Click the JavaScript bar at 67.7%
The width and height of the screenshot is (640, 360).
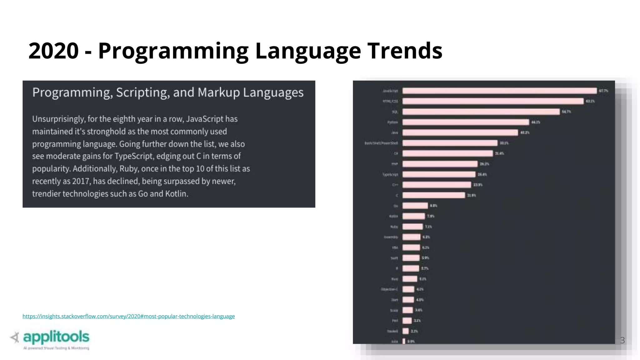coord(499,91)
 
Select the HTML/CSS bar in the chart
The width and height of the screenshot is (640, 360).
coord(493,101)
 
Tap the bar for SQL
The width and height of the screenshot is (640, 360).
coord(481,112)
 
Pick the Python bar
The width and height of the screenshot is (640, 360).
coord(466,122)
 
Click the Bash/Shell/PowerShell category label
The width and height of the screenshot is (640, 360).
coord(381,143)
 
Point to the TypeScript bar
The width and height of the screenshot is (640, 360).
coord(439,174)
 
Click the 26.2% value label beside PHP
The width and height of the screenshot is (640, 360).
coord(484,164)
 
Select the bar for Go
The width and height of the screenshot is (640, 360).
coord(415,206)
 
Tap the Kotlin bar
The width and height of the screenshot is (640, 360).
coord(413,216)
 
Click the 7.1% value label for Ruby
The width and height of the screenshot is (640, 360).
coord(428,227)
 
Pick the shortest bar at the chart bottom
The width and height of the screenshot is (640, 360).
coord(404,341)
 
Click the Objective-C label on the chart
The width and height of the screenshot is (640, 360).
coord(389,289)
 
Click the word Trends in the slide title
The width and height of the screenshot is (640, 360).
coord(405,51)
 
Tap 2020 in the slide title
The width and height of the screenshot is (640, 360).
coord(53,51)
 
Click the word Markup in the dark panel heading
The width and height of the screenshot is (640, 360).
coord(218,92)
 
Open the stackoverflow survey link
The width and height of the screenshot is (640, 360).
coord(128,316)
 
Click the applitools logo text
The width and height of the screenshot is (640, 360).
coord(56,337)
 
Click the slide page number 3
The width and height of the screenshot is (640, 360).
coord(622,340)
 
